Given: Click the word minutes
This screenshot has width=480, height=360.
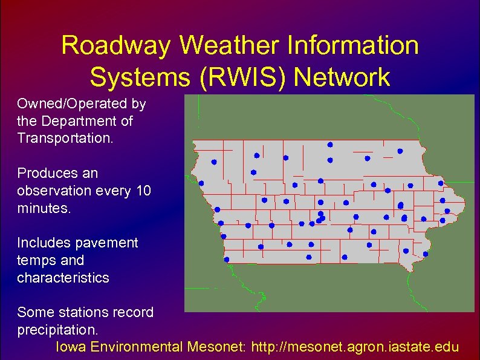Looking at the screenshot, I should click(x=44, y=209).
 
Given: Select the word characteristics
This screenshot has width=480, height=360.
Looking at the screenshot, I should click(x=63, y=278).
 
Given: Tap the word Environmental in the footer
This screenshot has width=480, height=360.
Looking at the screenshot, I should click(x=139, y=347).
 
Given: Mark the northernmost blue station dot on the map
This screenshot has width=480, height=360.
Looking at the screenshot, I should click(x=330, y=145).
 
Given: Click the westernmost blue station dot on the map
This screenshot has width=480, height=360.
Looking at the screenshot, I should click(x=201, y=183).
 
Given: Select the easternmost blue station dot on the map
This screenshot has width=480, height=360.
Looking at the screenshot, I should click(x=447, y=211).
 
